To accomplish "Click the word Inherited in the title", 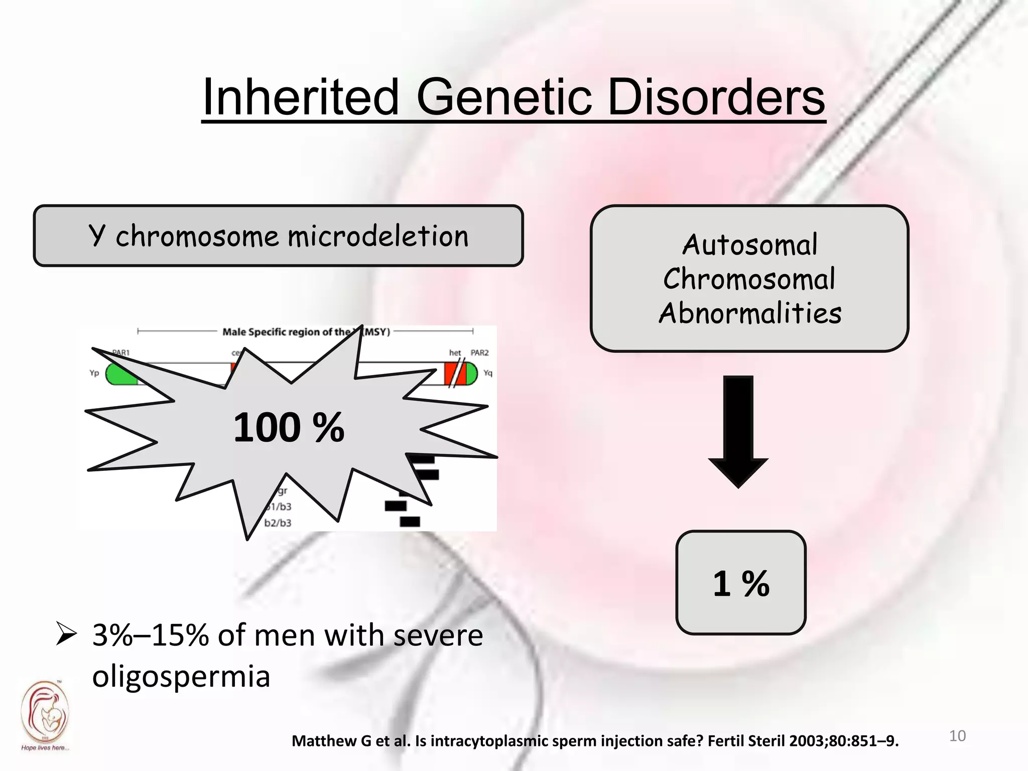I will click(x=300, y=97).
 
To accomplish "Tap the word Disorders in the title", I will click(x=716, y=97).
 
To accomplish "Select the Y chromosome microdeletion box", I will click(x=278, y=235).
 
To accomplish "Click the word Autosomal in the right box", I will click(x=749, y=245).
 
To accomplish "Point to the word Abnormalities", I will click(x=750, y=314).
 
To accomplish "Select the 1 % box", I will click(x=740, y=583).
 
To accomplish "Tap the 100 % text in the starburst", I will click(x=289, y=427).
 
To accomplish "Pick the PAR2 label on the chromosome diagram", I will click(x=479, y=353).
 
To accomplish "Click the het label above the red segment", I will click(x=455, y=353).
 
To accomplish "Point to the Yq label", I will click(x=488, y=373).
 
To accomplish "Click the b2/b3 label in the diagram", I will click(x=278, y=523).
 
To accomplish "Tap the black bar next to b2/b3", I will click(x=410, y=522).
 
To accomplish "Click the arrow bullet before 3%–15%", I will click(x=66, y=633).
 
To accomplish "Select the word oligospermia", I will click(x=181, y=676).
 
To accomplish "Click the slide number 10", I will click(x=957, y=736).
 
